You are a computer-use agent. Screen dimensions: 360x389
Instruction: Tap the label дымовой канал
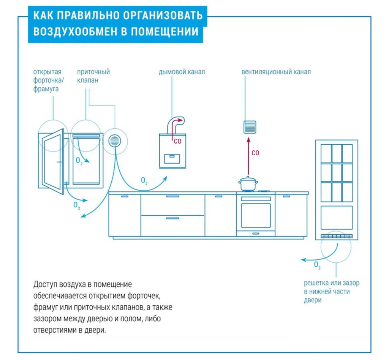[182, 72]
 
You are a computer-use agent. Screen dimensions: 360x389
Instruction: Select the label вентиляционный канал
[276, 72]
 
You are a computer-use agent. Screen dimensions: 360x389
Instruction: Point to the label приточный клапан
[93, 76]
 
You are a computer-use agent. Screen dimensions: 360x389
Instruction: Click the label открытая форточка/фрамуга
[47, 80]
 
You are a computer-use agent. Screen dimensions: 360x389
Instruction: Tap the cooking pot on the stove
[248, 184]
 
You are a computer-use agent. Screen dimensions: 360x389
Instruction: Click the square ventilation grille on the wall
[250, 127]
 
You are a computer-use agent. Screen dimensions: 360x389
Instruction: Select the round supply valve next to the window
[114, 141]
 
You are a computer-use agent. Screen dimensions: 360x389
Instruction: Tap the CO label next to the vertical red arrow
[255, 153]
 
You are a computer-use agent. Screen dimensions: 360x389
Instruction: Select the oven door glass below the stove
[256, 215]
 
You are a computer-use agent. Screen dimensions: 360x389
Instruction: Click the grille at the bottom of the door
[336, 236]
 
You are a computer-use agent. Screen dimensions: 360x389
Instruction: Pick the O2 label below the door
[317, 265]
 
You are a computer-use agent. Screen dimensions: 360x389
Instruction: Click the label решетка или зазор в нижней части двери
[331, 292]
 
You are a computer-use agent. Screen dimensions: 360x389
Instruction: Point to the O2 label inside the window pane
[79, 161]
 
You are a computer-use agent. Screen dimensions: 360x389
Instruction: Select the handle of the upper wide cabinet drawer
[172, 197]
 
